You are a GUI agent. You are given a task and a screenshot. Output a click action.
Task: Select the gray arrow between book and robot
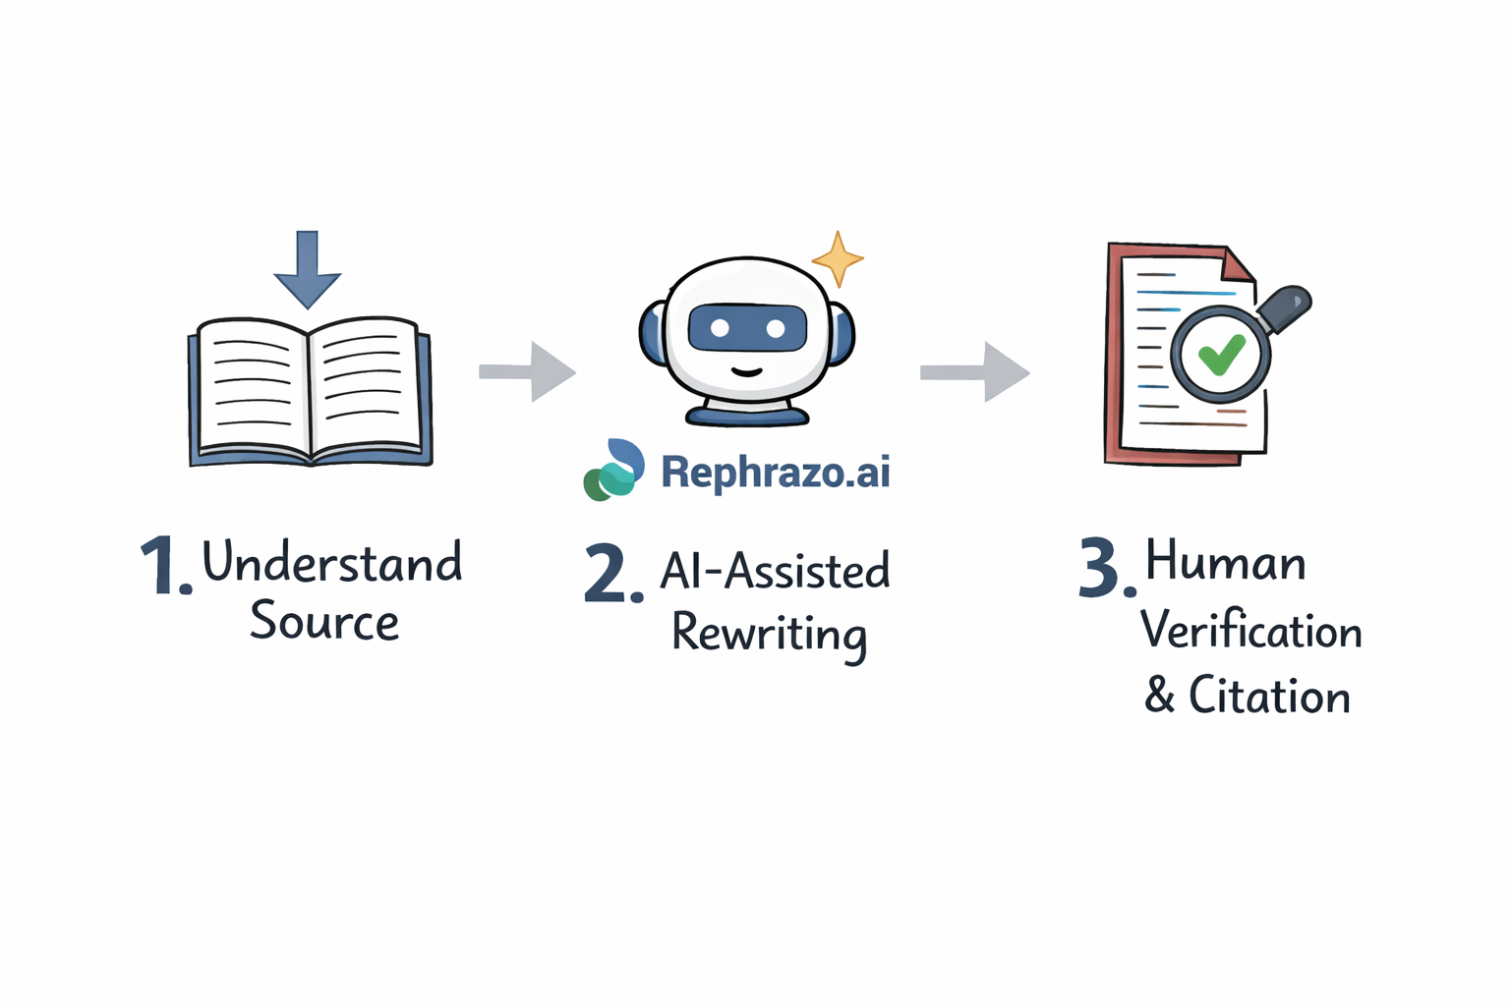click(x=528, y=371)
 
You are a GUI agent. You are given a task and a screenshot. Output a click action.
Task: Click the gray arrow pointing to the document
click(x=975, y=371)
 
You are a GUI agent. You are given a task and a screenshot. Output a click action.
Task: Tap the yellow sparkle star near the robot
click(x=838, y=258)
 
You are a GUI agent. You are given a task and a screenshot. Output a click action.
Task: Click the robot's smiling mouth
click(x=747, y=372)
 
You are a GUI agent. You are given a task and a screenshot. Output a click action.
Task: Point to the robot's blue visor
click(x=747, y=328)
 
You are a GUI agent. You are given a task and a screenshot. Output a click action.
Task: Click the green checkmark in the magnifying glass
click(x=1221, y=355)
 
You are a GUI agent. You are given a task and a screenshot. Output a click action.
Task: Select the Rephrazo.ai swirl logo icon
click(x=614, y=470)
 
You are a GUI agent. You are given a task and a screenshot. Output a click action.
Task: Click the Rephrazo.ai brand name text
click(x=776, y=473)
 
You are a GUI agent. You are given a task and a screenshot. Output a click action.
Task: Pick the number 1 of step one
click(x=159, y=566)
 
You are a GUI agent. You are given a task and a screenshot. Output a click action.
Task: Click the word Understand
click(x=332, y=562)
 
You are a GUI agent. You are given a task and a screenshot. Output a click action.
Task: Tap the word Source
click(x=324, y=621)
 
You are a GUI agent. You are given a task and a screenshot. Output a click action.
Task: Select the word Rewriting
click(x=769, y=634)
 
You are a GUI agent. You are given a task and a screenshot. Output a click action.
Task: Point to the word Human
click(x=1226, y=562)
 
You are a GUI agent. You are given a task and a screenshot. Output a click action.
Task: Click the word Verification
click(x=1251, y=630)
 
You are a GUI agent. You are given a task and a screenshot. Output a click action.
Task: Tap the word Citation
click(x=1269, y=697)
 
